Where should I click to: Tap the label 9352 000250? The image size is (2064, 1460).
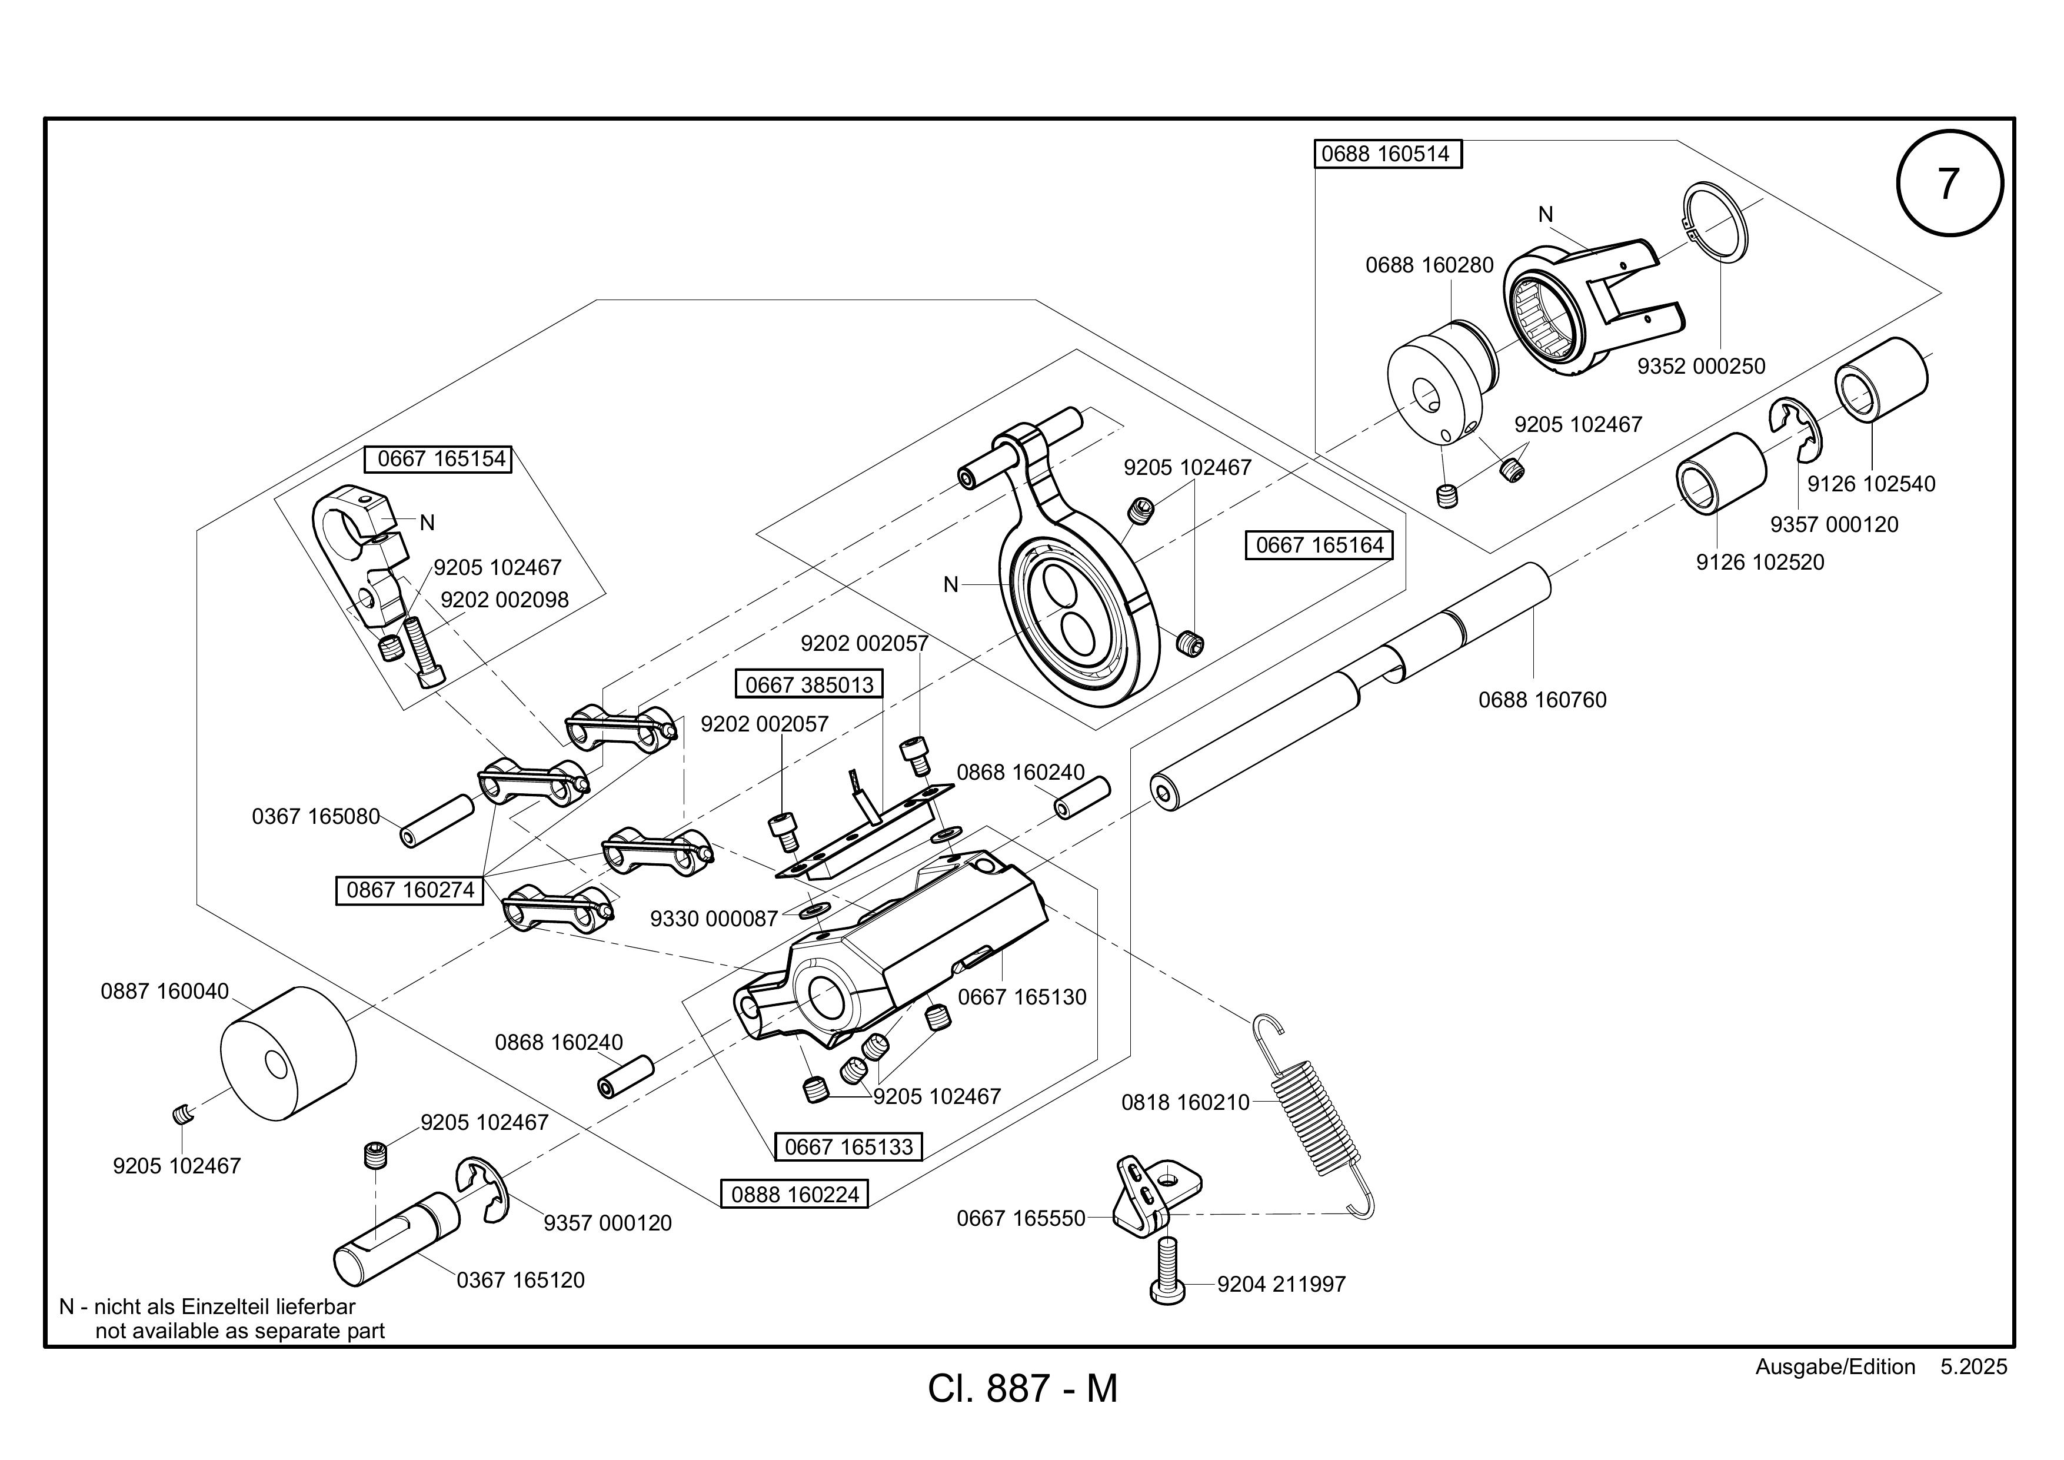tap(1701, 366)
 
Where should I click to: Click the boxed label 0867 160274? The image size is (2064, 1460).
tap(410, 890)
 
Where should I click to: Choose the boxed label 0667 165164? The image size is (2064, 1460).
tap(1319, 545)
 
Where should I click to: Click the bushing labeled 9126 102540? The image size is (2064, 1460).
tap(1880, 378)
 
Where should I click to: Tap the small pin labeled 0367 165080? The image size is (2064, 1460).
tap(437, 820)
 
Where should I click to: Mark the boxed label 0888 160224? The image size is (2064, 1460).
tap(795, 1194)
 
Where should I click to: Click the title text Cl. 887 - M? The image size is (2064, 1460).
tap(1023, 1389)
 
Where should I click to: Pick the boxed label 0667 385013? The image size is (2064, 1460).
tap(809, 684)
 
